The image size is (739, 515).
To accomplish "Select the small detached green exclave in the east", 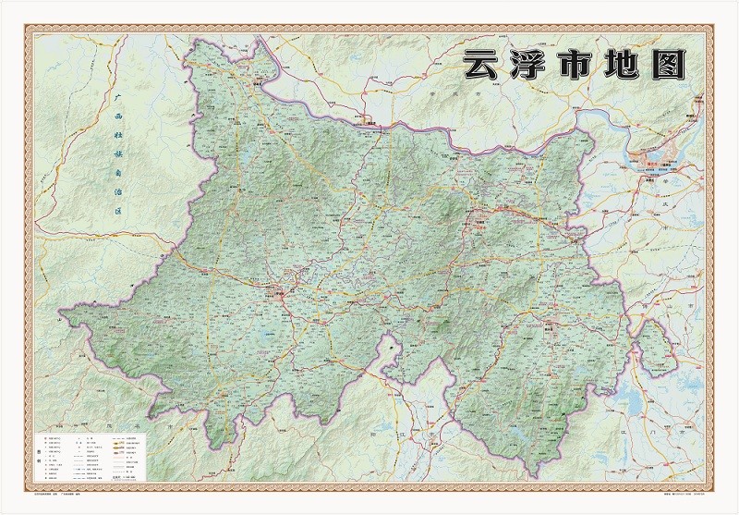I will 653,340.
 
